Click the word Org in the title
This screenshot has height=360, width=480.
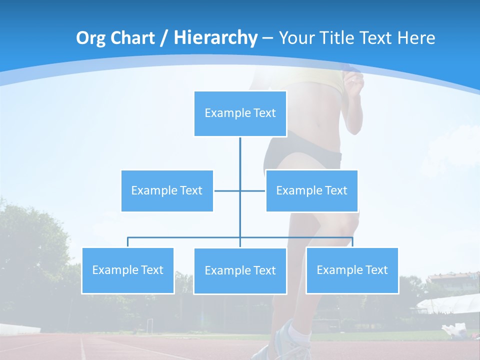coord(91,38)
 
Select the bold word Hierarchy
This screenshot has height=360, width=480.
coord(215,38)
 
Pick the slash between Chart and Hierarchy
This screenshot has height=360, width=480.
coord(163,38)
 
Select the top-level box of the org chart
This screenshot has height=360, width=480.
coord(240,113)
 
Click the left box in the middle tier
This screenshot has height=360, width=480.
coord(167,190)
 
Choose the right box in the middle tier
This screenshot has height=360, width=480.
coord(311,190)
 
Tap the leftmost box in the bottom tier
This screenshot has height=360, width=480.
coord(128,270)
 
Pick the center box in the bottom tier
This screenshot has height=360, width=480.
coord(240,270)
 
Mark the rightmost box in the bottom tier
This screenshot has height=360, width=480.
coord(352,270)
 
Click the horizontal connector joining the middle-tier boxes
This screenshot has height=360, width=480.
coord(227,190)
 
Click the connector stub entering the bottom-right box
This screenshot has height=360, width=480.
coord(352,242)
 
